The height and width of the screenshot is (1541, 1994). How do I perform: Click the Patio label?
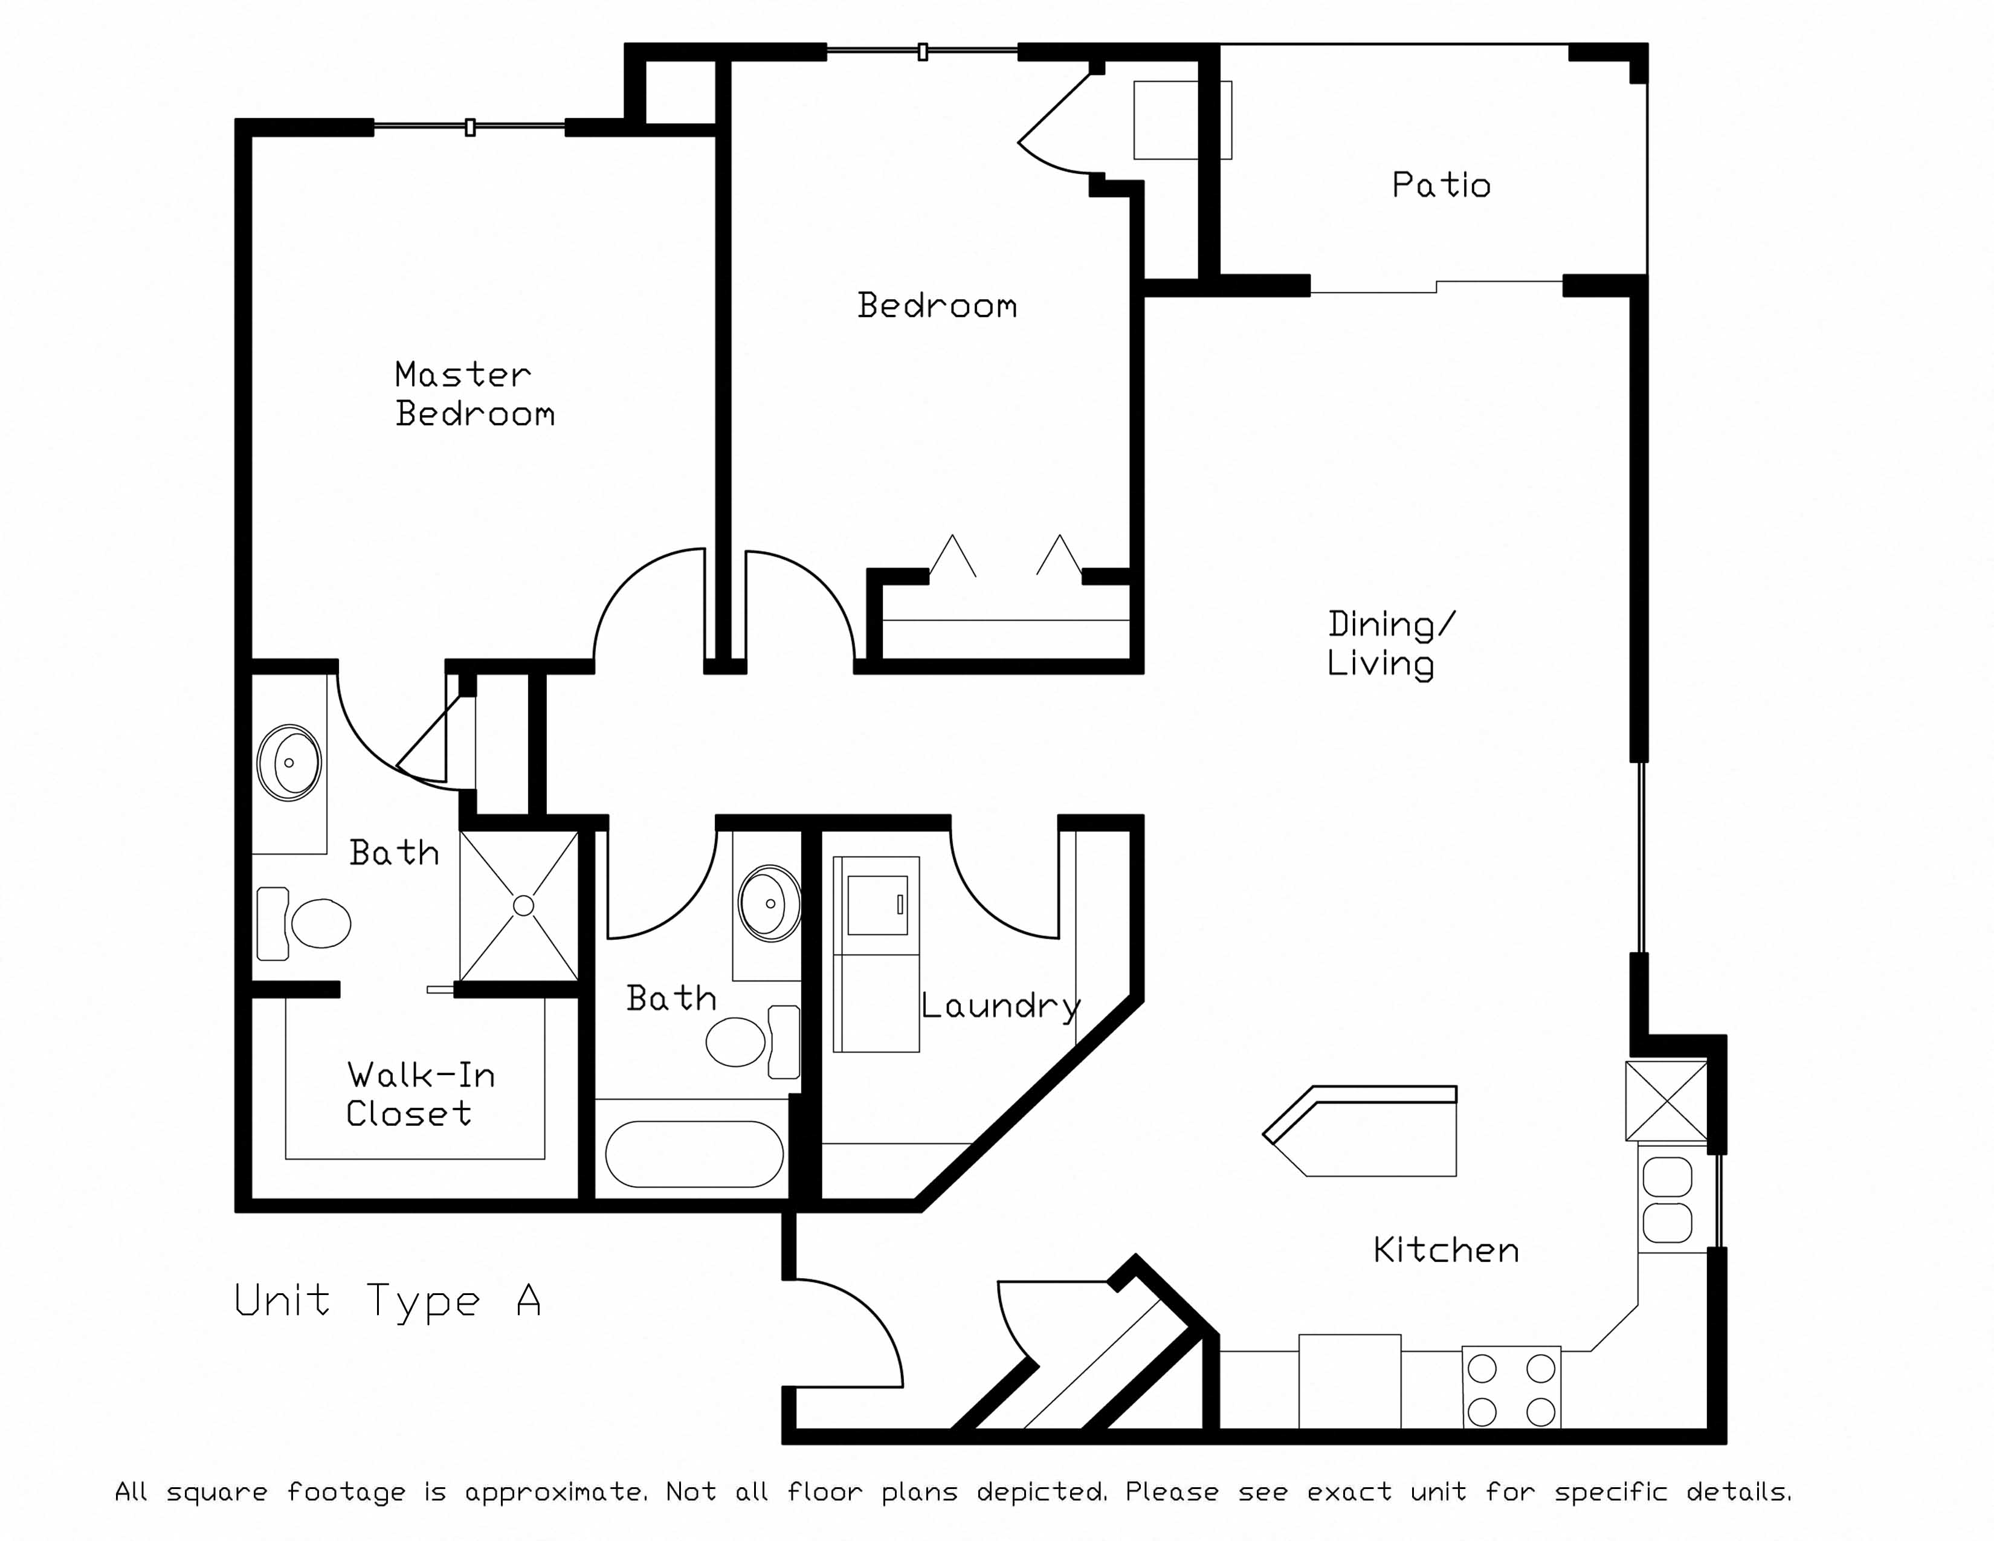coord(1441,186)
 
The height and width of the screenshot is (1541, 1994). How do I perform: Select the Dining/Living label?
coord(1390,644)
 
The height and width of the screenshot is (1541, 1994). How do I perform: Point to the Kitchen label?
coord(1446,1250)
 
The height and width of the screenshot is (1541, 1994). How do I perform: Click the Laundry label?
coord(1001,1006)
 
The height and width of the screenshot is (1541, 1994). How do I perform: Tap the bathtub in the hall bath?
coord(694,1154)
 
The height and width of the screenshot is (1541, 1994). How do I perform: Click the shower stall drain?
coord(523,906)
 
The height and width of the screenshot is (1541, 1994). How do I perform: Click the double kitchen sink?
coord(1667,1200)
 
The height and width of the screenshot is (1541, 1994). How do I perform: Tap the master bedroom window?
coord(469,127)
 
